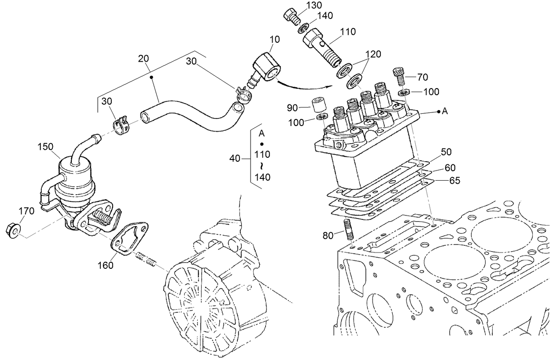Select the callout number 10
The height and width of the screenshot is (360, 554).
[274, 40]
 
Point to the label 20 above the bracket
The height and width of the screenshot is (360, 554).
[143, 59]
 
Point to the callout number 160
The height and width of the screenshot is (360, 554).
[105, 265]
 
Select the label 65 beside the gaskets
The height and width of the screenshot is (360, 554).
[454, 180]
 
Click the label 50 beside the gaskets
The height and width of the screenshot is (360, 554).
[446, 152]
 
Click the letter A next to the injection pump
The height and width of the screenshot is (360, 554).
[445, 112]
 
